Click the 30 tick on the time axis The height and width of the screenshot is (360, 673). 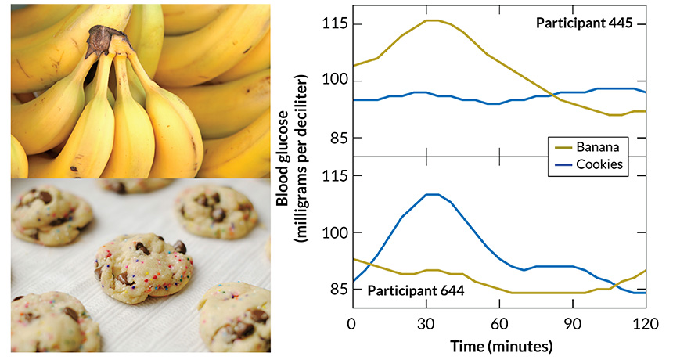point(426,323)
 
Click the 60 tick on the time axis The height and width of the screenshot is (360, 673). point(499,323)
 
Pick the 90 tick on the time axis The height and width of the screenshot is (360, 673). point(573,323)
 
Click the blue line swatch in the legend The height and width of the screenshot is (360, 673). point(562,164)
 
